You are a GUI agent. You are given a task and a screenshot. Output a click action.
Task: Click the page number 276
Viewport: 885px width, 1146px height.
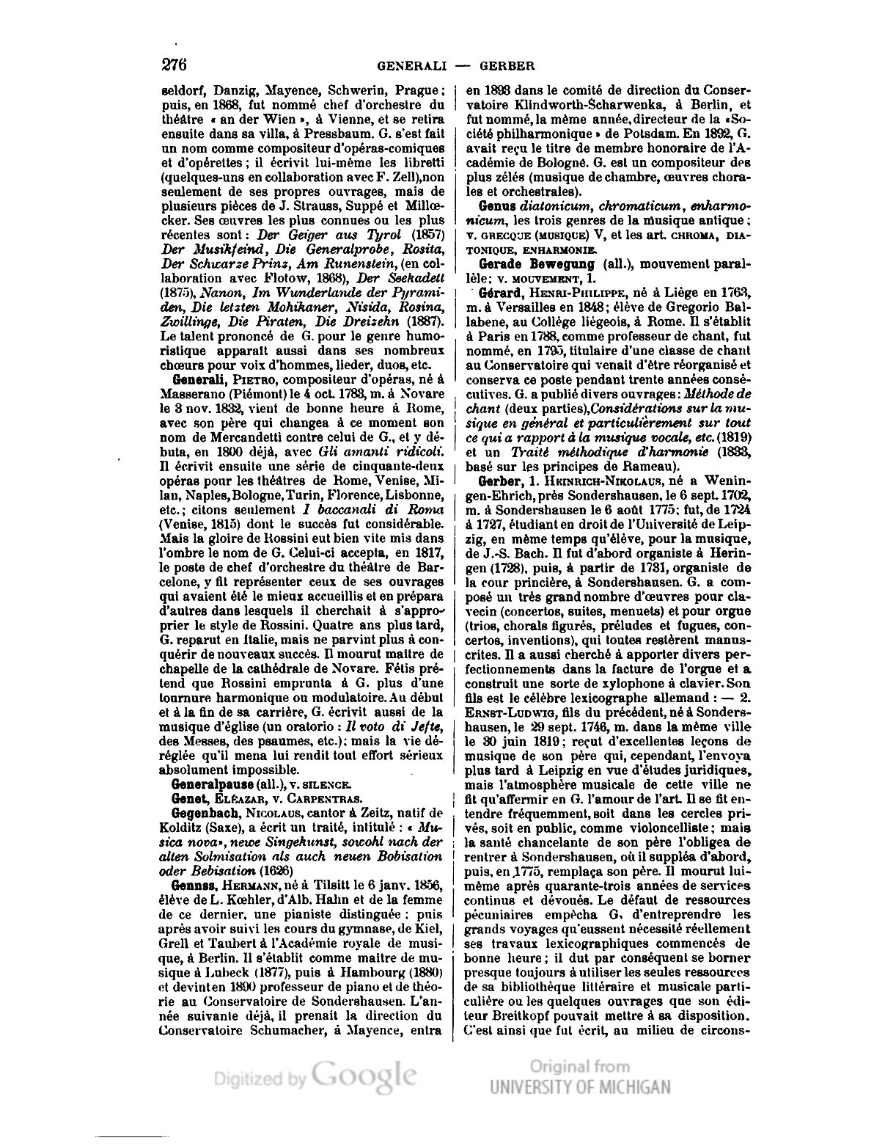[174, 65]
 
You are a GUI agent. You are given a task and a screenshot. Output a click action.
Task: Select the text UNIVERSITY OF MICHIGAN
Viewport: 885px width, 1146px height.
[580, 1086]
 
